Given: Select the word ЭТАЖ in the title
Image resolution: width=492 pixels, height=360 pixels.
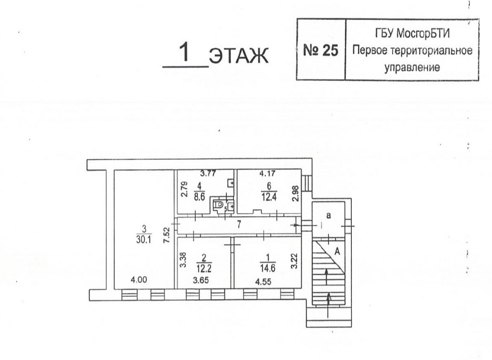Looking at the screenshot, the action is [x=239, y=56].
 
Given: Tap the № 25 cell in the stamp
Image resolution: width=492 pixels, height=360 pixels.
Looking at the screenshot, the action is [x=321, y=50].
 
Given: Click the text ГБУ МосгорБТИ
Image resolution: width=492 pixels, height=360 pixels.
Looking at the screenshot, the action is [x=412, y=33].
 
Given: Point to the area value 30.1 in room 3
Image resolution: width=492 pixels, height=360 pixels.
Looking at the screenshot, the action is [x=144, y=240].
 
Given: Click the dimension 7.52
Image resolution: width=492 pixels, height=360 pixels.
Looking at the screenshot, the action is [x=167, y=235].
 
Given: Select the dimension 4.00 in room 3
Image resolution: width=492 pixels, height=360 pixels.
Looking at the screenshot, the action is [x=139, y=280].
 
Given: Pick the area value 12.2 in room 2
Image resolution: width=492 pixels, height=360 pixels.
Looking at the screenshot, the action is [x=204, y=269].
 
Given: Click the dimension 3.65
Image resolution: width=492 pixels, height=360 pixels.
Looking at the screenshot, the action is [x=201, y=280].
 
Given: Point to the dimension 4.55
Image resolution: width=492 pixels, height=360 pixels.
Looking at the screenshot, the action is [x=263, y=282].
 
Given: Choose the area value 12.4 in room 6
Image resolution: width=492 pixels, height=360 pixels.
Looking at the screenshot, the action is [x=269, y=198].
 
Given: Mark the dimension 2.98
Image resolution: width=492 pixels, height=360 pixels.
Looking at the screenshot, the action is [x=295, y=193].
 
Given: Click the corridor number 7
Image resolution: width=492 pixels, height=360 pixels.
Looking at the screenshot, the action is [x=239, y=225].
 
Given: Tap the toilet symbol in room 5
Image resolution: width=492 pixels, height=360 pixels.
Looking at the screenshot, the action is [x=219, y=205].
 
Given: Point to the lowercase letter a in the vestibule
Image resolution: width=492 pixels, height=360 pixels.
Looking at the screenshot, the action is [x=329, y=215].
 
